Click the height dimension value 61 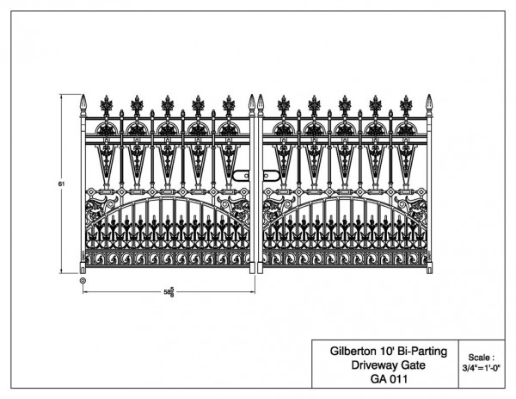[x=62, y=184]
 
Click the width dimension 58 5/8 [x=169, y=292]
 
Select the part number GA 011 [x=389, y=379]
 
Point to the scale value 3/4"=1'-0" [x=482, y=368]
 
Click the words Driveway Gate [x=389, y=365]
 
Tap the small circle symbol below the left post [x=83, y=281]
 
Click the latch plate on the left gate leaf [x=241, y=176]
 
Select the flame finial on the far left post [x=83, y=102]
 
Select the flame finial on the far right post [x=429, y=102]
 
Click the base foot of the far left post [x=83, y=268]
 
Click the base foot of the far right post [x=429, y=268]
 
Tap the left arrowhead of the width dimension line [x=84, y=292]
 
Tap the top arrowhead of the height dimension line [x=62, y=96]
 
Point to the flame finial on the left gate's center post [x=252, y=102]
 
